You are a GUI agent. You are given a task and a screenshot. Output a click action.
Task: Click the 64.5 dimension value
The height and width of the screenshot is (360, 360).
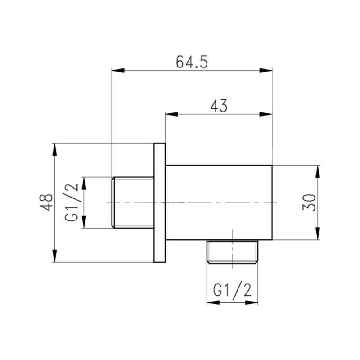pyautogui.click(x=192, y=62)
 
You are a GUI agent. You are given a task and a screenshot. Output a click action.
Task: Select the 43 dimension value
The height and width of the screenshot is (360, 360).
pyautogui.click(x=219, y=106)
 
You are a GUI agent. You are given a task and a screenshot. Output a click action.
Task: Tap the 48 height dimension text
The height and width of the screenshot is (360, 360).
pyautogui.click(x=46, y=202)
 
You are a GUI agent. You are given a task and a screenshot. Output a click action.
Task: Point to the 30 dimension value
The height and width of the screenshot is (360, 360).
pyautogui.click(x=310, y=202)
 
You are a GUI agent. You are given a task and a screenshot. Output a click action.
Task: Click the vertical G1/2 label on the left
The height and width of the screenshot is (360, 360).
pyautogui.click(x=73, y=202)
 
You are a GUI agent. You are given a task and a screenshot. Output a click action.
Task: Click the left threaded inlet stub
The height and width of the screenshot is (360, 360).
pyautogui.click(x=132, y=202)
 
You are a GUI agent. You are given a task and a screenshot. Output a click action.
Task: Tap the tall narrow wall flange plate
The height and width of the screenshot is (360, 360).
pyautogui.click(x=159, y=202)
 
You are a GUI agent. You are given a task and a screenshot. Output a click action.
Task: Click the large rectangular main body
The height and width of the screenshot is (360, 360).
pyautogui.click(x=219, y=202)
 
